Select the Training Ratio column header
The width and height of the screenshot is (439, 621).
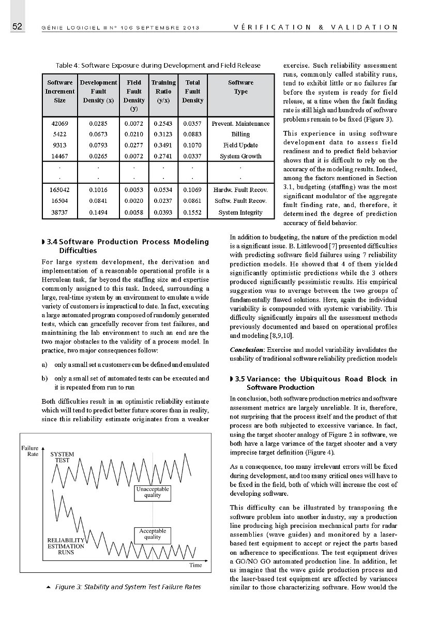click(163, 91)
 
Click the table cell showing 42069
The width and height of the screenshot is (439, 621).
click(59, 123)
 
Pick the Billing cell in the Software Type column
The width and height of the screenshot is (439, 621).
click(240, 134)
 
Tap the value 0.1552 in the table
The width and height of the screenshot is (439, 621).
click(192, 212)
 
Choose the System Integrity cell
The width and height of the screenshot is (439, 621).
click(240, 212)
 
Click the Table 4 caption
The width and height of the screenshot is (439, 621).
click(158, 65)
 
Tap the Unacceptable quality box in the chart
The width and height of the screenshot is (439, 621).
click(153, 492)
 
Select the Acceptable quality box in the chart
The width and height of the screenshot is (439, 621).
click(153, 534)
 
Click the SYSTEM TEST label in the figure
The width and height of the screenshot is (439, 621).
click(62, 457)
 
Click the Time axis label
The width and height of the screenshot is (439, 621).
click(195, 565)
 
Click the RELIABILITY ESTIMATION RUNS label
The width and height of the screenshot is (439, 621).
click(66, 546)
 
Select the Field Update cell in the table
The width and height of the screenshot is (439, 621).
click(240, 145)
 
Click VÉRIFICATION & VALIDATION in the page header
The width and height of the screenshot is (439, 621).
click(315, 27)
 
